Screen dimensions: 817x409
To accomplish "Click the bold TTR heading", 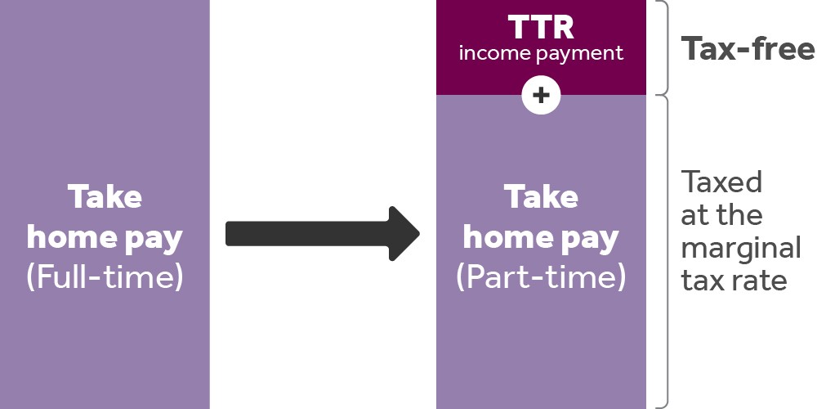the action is coord(541,27).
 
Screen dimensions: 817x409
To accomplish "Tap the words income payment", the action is coord(541,53).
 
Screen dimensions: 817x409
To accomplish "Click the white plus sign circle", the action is coord(541,96).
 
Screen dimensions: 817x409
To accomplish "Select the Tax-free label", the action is coord(748,48).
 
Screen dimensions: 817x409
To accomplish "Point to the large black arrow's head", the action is coord(404,233).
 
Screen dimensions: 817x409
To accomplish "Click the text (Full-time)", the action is coord(105,277).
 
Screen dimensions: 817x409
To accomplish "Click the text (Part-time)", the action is coord(541,277).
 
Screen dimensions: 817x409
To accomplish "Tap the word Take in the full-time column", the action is coord(105,197).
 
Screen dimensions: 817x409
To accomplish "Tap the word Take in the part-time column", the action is coord(541,197).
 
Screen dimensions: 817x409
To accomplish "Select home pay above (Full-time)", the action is coord(105,238).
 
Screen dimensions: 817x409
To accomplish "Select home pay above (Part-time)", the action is coord(541,238).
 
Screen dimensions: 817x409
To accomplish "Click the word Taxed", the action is coord(721,182).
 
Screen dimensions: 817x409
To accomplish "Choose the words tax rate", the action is coord(734,281).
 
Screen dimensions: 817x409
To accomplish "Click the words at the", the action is coord(721,214).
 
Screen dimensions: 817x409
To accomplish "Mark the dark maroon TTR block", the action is coord(541,47).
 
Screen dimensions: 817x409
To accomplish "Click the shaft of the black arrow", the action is coord(307,233).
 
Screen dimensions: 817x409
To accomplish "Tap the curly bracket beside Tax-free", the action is coord(661,47).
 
